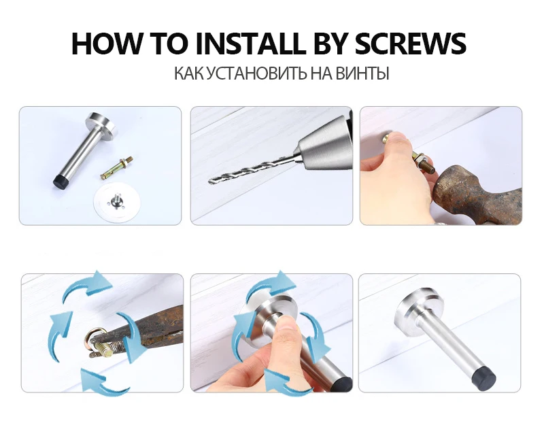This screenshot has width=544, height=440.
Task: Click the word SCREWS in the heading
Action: pos(411,44)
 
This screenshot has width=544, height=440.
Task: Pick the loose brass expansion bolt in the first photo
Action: pos(116,168)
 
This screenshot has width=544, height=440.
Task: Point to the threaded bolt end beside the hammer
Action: pos(428,166)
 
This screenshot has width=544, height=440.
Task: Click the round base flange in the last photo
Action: pos(420,307)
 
